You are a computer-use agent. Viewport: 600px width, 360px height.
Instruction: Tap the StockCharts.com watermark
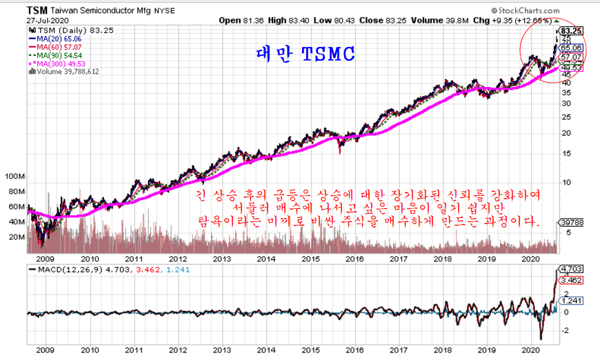pyautogui.click(x=551, y=11)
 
